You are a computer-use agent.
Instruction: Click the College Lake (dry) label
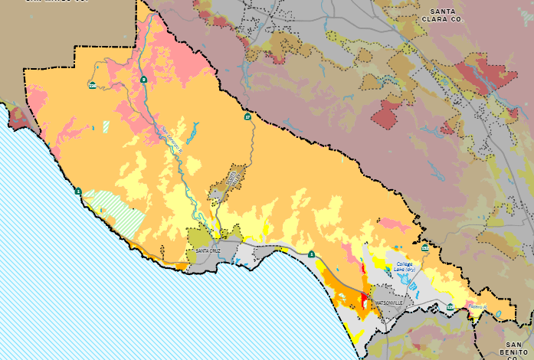click(x=405, y=268)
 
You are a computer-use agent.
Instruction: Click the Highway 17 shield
click(x=247, y=116)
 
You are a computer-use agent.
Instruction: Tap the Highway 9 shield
click(x=143, y=79)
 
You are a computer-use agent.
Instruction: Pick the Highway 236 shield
click(x=92, y=85)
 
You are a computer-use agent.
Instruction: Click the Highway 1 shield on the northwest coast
click(x=77, y=191)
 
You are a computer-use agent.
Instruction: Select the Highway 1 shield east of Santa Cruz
click(x=311, y=254)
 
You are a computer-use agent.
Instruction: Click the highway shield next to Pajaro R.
click(x=450, y=306)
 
